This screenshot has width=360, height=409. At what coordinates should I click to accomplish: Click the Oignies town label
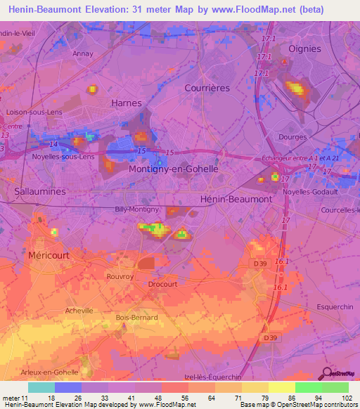click(304, 48)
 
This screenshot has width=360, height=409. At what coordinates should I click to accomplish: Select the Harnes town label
click(127, 103)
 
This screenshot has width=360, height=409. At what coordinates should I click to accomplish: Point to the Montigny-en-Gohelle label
click(174, 169)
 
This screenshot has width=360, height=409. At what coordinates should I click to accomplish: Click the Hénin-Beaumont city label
click(236, 199)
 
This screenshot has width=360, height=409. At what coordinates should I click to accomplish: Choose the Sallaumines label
click(40, 190)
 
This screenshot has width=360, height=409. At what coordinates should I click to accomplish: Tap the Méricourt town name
click(49, 256)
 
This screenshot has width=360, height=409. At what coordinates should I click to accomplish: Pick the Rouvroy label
click(120, 276)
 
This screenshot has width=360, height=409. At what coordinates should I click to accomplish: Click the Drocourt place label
click(162, 284)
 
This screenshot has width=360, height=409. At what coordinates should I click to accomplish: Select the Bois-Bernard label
click(136, 318)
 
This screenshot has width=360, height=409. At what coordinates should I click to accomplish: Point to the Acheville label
click(78, 310)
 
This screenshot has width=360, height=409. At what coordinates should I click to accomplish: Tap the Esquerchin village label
click(335, 306)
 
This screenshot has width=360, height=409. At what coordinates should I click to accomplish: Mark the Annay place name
click(83, 53)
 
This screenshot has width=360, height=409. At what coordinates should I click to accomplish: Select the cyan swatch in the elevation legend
click(41, 387)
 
